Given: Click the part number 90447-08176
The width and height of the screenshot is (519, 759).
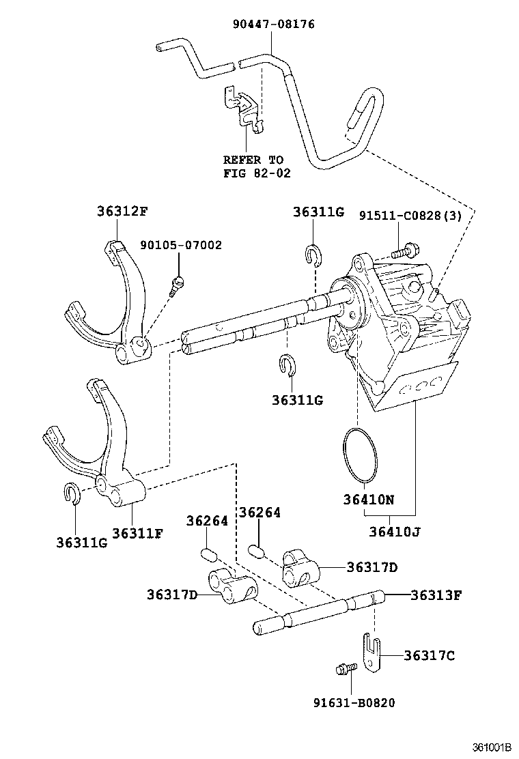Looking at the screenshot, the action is [x=274, y=24].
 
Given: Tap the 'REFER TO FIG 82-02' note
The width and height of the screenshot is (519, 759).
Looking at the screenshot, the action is [x=257, y=167].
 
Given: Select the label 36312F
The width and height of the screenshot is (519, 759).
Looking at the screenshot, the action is [x=122, y=211].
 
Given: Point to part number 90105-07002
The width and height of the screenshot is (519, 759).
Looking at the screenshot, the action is [x=181, y=245].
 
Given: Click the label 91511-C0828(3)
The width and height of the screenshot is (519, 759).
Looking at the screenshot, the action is [x=410, y=216].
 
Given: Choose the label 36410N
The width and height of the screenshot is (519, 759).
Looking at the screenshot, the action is [x=369, y=500].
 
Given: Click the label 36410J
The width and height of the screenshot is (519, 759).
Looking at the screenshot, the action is [x=395, y=532].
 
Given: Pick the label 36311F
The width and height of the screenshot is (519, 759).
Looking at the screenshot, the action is [x=137, y=534].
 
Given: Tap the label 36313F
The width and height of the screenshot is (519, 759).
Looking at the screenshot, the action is [x=436, y=595].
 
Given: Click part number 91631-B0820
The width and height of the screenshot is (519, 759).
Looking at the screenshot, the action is [x=354, y=702].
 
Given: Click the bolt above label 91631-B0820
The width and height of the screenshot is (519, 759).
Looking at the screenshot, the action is [x=346, y=669].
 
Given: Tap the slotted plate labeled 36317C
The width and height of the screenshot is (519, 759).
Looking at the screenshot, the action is [x=371, y=652].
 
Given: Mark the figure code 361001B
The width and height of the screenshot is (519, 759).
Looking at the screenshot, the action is [x=492, y=747].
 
